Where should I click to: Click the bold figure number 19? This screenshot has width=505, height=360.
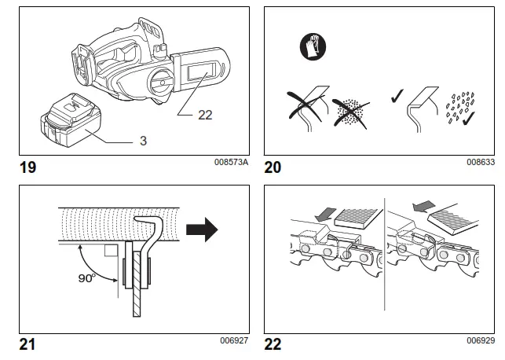tap(26, 166)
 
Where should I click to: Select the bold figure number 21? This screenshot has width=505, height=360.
tap(26, 343)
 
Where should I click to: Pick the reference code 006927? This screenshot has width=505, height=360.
tap(233, 340)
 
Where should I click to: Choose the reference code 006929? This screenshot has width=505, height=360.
tap(481, 340)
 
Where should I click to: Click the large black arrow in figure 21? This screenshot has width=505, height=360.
tap(200, 231)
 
